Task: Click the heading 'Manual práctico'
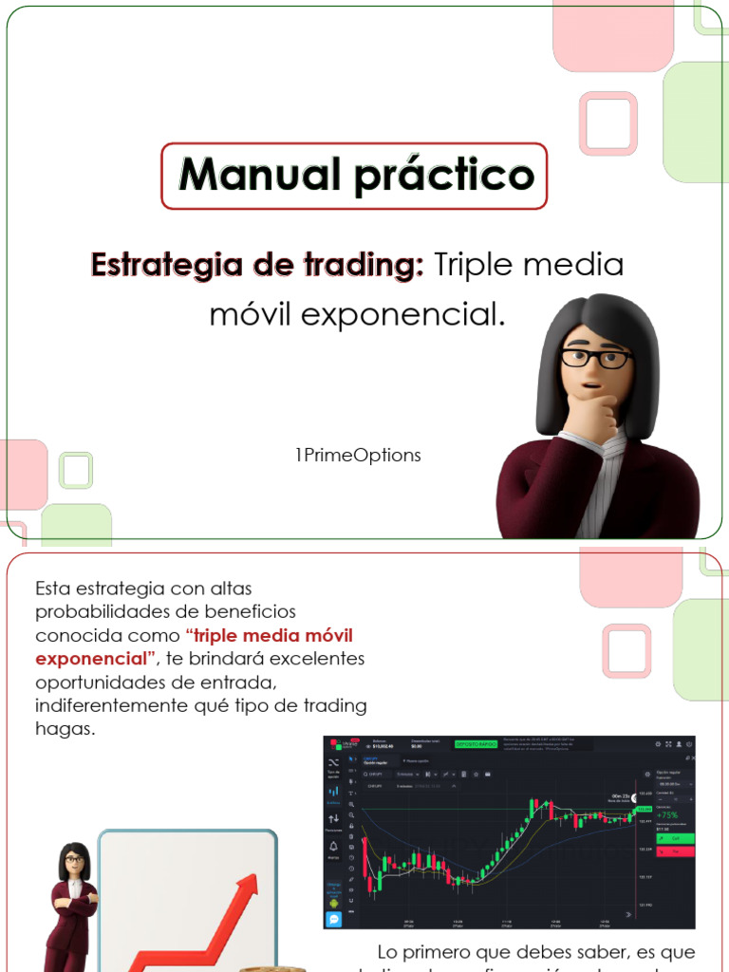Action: click(355, 176)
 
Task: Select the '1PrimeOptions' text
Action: click(358, 456)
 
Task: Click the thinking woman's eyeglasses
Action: click(594, 358)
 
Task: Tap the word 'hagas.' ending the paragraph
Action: click(65, 728)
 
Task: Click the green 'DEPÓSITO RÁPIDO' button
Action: click(476, 746)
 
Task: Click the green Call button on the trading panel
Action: click(675, 838)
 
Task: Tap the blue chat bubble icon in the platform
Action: click(333, 920)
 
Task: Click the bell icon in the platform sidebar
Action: click(333, 847)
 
